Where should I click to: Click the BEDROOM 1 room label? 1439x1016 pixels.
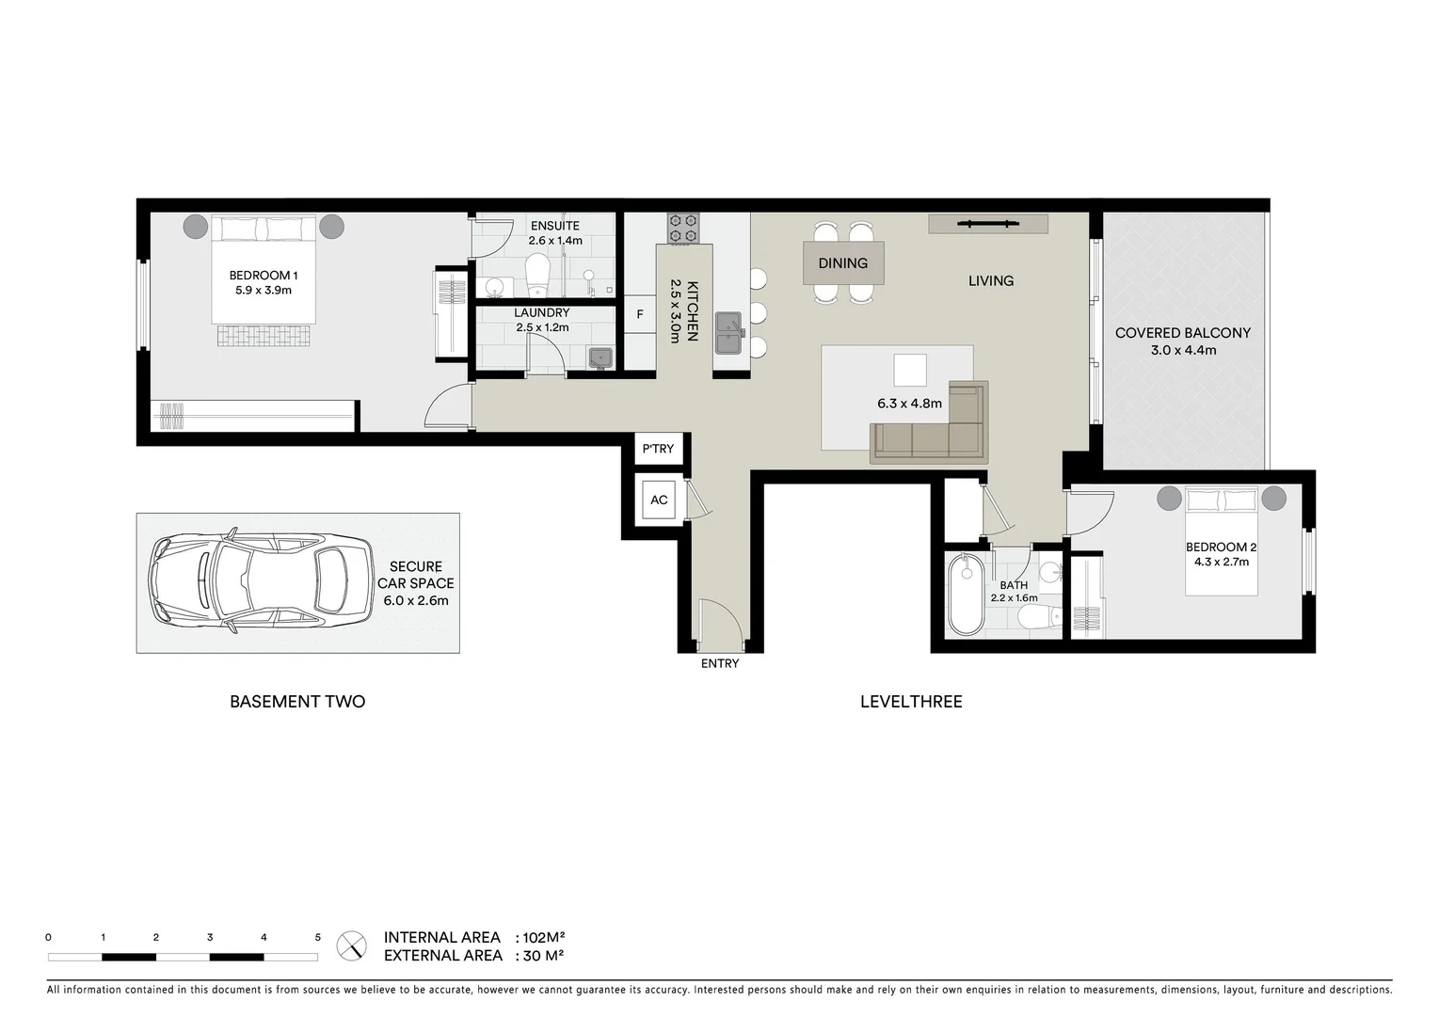coord(264,276)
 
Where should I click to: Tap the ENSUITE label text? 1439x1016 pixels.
coord(554,226)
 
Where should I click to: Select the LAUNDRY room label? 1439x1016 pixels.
coord(541,312)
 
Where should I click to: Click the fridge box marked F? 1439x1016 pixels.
coord(640,314)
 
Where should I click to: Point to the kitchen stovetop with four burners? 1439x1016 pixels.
coord(683,228)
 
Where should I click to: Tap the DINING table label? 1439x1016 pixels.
coord(842,263)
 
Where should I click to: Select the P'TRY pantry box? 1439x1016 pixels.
coord(658,449)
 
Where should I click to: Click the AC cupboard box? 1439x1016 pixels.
coord(659,500)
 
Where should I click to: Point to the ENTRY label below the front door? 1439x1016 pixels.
coord(720,663)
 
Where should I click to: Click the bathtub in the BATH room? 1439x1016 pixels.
coord(965,595)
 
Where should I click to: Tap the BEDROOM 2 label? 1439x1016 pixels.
coord(1221,548)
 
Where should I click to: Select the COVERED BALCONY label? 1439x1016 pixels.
coord(1183,333)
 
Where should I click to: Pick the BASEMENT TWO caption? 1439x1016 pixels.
coord(297,702)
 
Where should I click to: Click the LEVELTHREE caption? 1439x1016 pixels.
coord(911,702)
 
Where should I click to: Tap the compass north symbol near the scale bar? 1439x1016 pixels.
coord(352,945)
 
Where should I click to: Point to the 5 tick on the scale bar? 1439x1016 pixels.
coord(318,938)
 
